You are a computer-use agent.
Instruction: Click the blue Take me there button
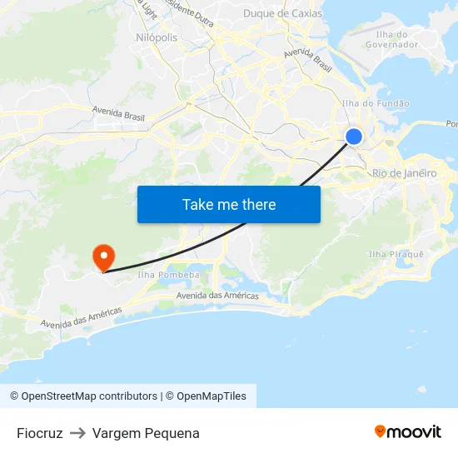point(229,204)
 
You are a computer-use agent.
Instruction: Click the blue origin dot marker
point(354,137)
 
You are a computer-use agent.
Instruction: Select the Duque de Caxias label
point(282,13)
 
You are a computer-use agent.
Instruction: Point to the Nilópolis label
point(156,37)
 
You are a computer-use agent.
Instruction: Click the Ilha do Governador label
point(397,39)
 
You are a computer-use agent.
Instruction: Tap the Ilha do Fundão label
point(376,103)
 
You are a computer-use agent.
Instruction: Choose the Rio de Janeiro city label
point(404,173)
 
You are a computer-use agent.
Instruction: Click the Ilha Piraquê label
point(396,254)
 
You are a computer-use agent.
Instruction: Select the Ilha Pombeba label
point(168,275)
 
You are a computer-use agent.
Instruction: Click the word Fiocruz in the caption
point(40,433)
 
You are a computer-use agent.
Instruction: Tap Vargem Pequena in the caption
point(146,433)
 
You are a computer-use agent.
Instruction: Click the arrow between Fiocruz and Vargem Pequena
point(77,433)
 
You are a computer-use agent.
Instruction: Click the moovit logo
point(407,432)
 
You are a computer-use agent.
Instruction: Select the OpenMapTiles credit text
point(212,396)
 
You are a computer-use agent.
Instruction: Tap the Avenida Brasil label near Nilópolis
point(117,112)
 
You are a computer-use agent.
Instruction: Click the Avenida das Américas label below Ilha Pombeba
point(217,296)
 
